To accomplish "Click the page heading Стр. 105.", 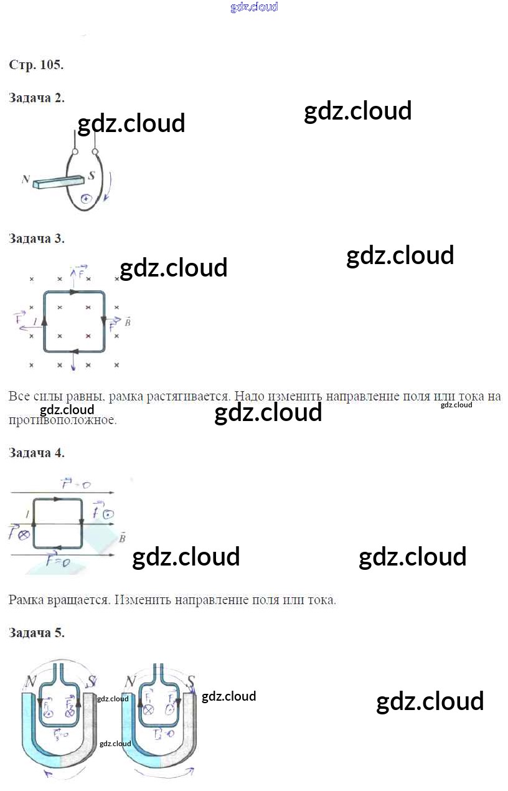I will pos(36,65).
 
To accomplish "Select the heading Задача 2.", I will pos(37,98).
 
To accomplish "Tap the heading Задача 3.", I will pos(37,239).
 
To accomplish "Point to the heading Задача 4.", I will pos(37,453).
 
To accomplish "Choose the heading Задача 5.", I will pos(37,633).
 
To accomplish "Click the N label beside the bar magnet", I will pos(26,179).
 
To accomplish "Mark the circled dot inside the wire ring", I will pos(86,199).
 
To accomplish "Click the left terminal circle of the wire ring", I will pos(75,151).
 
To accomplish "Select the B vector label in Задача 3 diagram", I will pos(127,322).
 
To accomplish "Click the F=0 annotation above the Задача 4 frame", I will pos(77,484).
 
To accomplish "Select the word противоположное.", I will pos(63,420).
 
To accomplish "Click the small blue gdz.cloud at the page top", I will pos(254,7).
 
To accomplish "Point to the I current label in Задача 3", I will pos(35,321).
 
